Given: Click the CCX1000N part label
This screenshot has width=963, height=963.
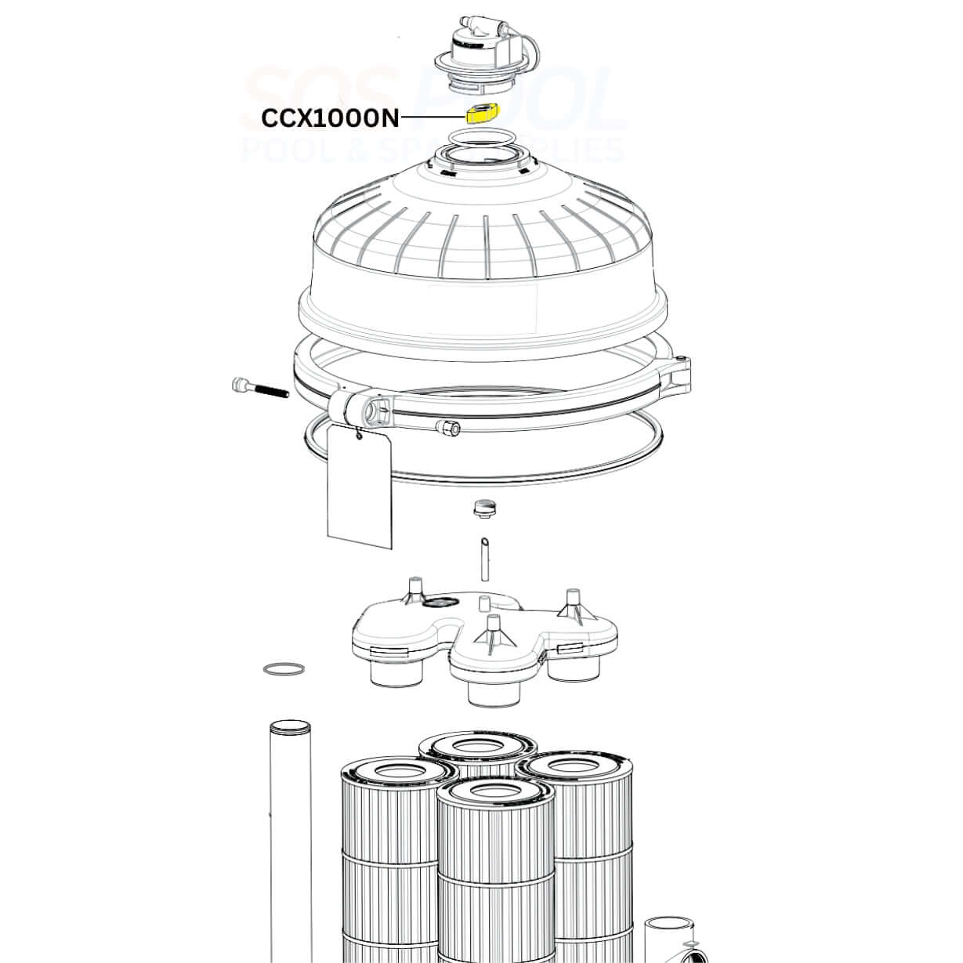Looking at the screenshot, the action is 331,119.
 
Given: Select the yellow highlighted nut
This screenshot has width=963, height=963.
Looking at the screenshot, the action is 483,113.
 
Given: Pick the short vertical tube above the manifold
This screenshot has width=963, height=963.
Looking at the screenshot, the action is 483,559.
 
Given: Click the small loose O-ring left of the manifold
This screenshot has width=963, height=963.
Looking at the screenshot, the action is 284,669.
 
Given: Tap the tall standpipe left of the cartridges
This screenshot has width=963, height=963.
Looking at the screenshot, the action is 289,839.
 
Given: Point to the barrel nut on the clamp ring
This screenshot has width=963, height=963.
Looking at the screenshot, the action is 447,428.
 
